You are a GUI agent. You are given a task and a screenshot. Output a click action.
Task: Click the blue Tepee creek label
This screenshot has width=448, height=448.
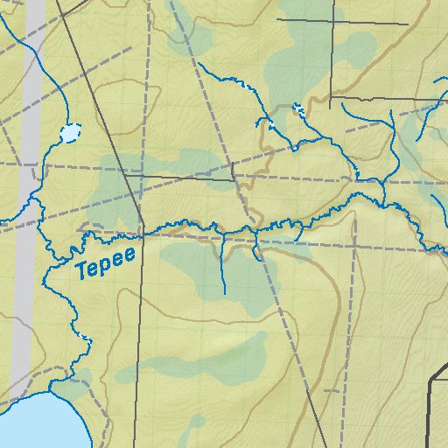[x=105, y=263]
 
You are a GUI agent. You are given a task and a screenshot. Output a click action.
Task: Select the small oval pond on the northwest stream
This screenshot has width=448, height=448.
[x=69, y=134]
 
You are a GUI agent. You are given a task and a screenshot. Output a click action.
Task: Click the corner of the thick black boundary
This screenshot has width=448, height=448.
[x=431, y=381]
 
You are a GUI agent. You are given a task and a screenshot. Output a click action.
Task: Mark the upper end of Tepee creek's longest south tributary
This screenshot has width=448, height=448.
[x=223, y=292]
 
